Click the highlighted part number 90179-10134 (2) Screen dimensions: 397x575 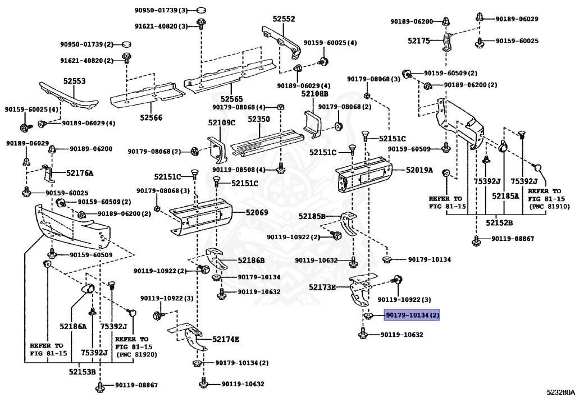(x=412, y=316)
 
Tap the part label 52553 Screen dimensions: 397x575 (x=74, y=81)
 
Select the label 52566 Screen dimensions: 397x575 (x=151, y=117)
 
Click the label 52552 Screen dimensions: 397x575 (x=284, y=19)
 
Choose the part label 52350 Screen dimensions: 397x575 (x=259, y=120)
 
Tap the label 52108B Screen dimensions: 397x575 (x=314, y=94)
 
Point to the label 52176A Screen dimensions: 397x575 (x=80, y=173)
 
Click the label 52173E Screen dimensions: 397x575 (x=322, y=288)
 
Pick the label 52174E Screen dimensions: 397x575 (x=226, y=339)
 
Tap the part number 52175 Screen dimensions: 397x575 (x=418, y=40)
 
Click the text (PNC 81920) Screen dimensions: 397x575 (x=136, y=354)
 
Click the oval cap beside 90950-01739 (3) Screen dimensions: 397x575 (x=199, y=10)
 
